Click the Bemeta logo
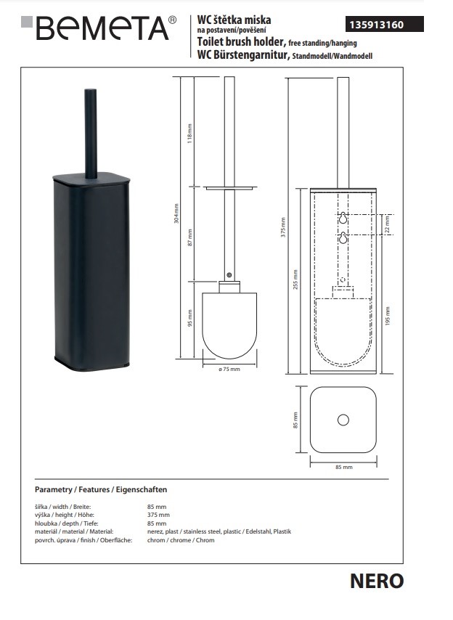tap(99, 28)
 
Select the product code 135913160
tap(376, 25)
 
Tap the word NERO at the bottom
tap(377, 581)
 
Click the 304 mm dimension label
tap(176, 213)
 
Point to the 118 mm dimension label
tap(189, 134)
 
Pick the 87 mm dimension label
tap(189, 237)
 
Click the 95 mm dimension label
tap(189, 318)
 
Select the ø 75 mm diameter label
tap(229, 370)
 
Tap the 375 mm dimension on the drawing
tap(283, 227)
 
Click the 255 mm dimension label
tap(295, 280)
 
